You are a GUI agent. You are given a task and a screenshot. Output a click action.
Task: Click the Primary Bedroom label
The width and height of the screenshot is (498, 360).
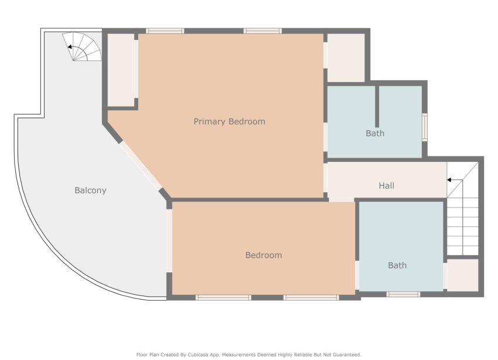229,121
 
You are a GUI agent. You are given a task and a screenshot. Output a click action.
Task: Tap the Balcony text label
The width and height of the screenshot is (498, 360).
90,190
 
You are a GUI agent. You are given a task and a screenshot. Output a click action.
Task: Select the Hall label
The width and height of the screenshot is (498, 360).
386,186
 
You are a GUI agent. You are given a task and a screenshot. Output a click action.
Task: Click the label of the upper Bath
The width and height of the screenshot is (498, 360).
375,133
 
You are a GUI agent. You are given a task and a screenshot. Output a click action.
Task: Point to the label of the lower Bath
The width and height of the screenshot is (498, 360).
397,265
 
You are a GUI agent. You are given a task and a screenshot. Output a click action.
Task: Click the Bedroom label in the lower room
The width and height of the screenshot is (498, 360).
263,255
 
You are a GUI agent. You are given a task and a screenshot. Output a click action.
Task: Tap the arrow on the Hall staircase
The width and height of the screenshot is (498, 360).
451,180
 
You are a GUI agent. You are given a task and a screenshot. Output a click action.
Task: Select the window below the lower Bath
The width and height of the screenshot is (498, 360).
403,294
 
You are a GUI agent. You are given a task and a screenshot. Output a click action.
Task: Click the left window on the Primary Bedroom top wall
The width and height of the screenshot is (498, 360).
165,30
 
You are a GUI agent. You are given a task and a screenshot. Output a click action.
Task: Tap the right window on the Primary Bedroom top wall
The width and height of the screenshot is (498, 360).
262,30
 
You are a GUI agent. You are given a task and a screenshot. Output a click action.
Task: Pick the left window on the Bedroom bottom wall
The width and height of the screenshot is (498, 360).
223,297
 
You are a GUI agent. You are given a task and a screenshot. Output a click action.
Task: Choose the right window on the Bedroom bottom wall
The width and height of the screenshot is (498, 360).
311,297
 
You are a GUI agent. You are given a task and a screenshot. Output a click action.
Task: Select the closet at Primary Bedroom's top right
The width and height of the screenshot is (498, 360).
345,57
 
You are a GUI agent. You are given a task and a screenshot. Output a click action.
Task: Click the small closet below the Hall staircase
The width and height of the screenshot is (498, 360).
463,274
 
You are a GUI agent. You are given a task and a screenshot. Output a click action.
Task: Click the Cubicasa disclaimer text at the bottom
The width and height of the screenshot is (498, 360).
248,354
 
